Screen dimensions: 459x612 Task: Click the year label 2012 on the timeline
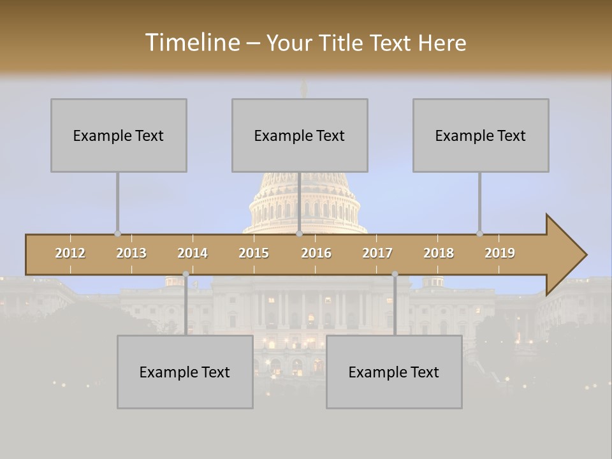[x=70, y=253]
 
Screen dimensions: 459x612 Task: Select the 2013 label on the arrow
[x=131, y=253]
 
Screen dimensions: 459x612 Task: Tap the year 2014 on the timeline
[x=193, y=253]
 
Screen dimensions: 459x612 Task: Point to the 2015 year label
[x=254, y=253]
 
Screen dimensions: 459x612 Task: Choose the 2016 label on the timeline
[x=316, y=253]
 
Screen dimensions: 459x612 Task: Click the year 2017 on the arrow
[x=377, y=253]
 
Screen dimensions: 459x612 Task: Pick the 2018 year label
[x=439, y=253]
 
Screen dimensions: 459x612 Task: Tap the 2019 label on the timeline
[x=500, y=253]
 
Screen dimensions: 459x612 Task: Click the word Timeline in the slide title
[x=191, y=43]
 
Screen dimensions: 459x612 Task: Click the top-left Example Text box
[x=119, y=135]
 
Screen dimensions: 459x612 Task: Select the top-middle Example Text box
[x=300, y=135]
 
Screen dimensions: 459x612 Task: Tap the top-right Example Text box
[x=481, y=135]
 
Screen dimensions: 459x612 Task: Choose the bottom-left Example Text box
[x=185, y=372]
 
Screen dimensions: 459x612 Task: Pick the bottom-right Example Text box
[x=394, y=372]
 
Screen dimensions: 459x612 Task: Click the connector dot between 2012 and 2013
[x=117, y=233]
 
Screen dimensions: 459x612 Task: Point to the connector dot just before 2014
[x=186, y=274]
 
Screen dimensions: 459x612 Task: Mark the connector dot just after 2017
[x=395, y=274]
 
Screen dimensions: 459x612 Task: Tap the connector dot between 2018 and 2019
[x=479, y=233]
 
